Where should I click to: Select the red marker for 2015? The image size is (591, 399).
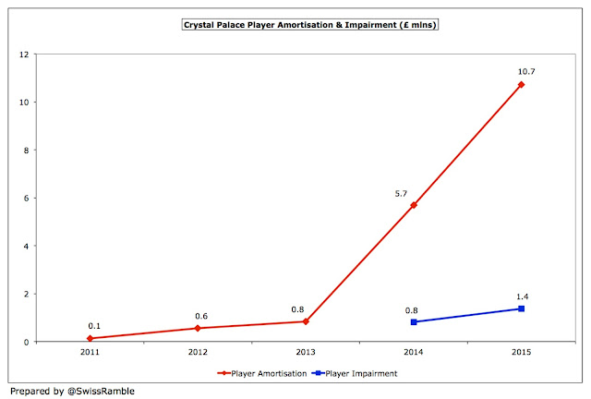point(521,85)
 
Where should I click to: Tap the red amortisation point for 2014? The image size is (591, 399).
point(414,205)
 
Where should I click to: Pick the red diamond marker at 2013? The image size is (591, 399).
point(307,321)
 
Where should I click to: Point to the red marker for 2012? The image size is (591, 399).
point(199,328)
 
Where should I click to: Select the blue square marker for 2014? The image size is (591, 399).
point(414,322)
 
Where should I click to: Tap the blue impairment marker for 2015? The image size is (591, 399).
point(521,308)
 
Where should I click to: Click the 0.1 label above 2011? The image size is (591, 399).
point(94,326)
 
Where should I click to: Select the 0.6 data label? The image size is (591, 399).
point(200,315)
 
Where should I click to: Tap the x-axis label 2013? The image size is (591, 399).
point(307,351)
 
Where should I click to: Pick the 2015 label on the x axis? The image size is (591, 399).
point(521,351)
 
